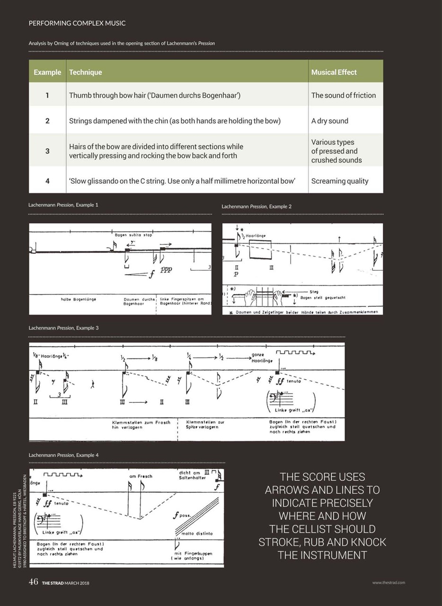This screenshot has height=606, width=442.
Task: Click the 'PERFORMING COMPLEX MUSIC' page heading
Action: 77,23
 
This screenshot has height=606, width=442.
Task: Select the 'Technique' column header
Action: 85,72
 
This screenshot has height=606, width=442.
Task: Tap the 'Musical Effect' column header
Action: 334,72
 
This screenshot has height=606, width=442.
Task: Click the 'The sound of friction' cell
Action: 343,95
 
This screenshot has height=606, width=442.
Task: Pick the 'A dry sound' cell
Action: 329,121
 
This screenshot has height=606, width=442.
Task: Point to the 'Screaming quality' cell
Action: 339,181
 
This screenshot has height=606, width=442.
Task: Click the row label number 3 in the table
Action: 47,151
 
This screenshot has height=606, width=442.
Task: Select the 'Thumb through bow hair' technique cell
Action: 155,95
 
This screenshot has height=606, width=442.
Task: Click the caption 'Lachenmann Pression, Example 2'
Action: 256,206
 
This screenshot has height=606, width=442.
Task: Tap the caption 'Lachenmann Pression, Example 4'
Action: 64,455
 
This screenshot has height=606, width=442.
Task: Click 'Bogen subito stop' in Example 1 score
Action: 133,234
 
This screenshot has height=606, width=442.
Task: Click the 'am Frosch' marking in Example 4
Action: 141,476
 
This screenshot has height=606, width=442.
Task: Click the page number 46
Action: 33,582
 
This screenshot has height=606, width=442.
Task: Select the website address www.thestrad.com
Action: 388,583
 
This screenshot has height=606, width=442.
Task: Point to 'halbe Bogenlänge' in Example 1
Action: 78,300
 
